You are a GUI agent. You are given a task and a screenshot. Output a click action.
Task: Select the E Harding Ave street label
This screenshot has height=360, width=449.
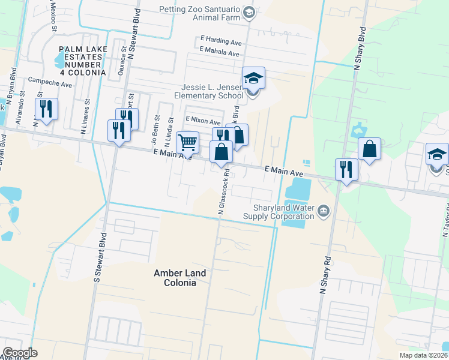(x=221, y=43)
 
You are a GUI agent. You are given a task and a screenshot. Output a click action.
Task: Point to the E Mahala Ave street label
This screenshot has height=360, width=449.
(x=220, y=53)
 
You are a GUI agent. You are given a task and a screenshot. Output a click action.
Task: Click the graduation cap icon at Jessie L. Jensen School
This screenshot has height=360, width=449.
(x=253, y=78)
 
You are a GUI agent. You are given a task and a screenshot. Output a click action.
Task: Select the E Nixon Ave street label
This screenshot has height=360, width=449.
(x=203, y=121)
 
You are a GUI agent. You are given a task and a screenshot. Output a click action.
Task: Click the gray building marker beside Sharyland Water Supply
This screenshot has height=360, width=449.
(x=324, y=210)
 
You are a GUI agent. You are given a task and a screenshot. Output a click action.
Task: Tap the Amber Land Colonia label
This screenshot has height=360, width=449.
(x=179, y=278)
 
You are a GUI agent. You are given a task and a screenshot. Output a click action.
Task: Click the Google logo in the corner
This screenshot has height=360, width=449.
(x=20, y=352)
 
